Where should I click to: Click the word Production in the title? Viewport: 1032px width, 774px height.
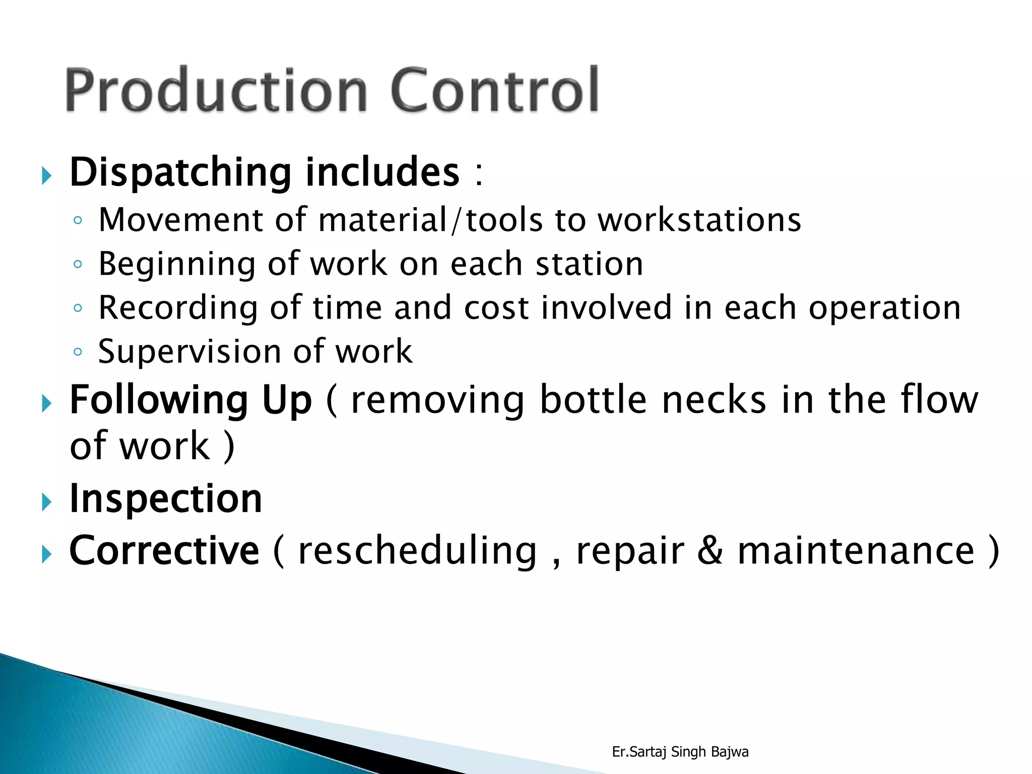(x=217, y=91)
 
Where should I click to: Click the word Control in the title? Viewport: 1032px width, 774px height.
(x=494, y=91)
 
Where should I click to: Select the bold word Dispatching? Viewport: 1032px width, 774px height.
(x=180, y=173)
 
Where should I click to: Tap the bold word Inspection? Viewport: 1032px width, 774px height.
(x=166, y=499)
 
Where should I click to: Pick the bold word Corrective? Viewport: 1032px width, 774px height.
(x=164, y=551)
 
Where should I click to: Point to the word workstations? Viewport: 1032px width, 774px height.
(x=699, y=220)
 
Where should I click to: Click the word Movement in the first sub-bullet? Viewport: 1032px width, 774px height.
(x=181, y=220)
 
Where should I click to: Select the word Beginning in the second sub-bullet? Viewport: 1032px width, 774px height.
(x=177, y=265)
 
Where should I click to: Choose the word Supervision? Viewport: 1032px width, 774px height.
(x=189, y=352)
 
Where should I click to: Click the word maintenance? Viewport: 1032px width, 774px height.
(x=856, y=551)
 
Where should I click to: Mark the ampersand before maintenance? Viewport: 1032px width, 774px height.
(x=711, y=551)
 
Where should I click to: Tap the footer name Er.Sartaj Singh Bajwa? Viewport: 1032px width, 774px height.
(x=680, y=752)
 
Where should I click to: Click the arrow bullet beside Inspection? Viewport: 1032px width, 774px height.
(x=47, y=502)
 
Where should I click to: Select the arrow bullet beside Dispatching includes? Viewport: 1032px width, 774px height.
(x=47, y=176)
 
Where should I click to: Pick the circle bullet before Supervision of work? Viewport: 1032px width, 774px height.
(x=78, y=352)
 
